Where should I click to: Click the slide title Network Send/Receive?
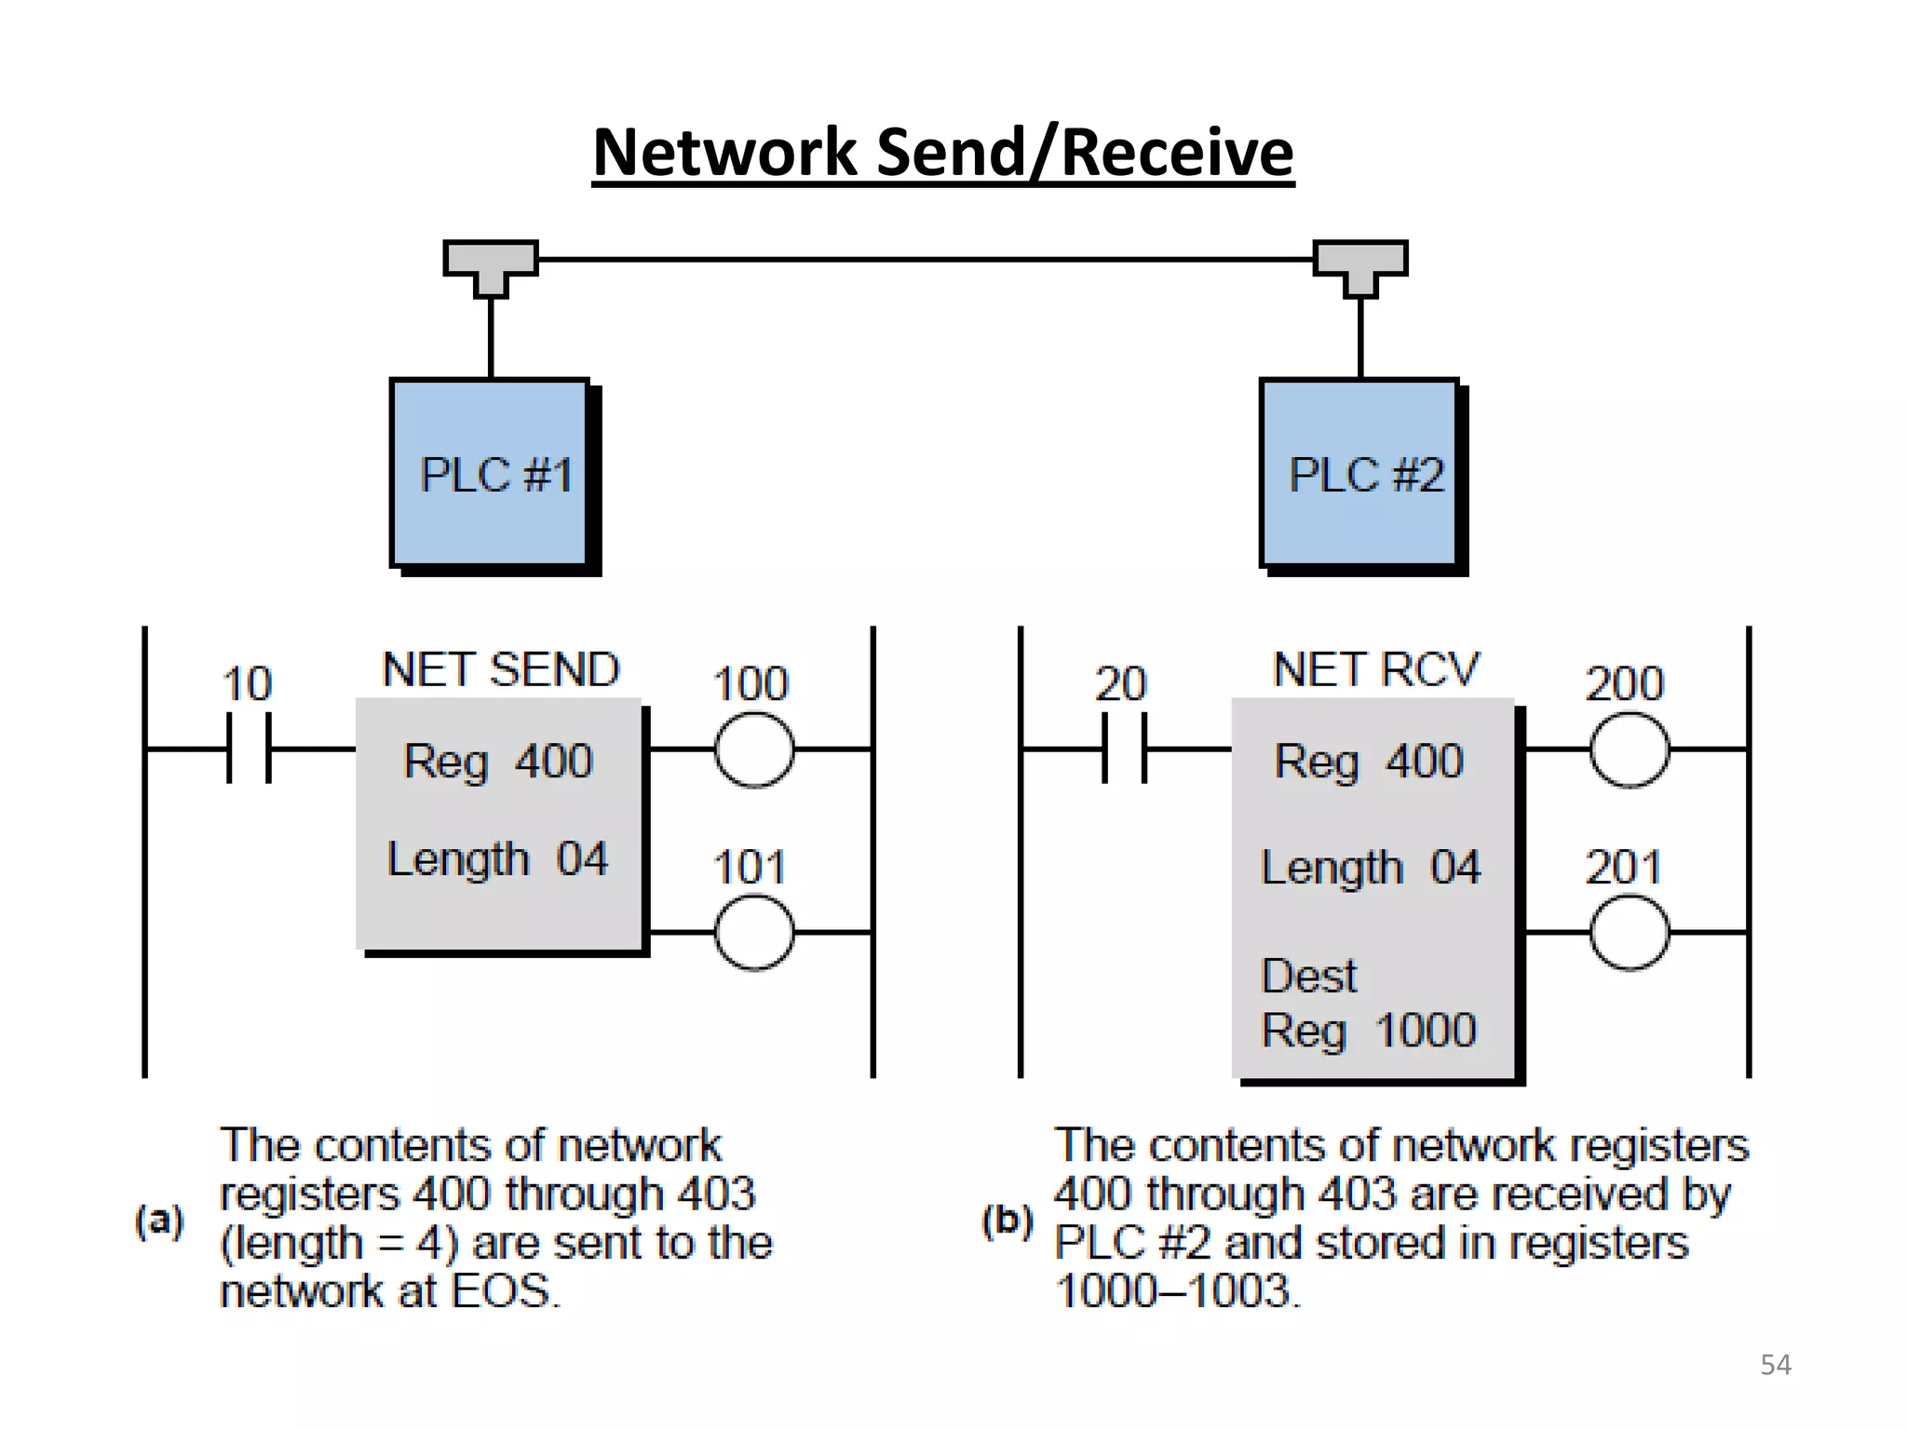(x=942, y=153)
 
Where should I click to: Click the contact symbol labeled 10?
(x=249, y=748)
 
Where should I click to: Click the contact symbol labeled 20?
(x=1124, y=748)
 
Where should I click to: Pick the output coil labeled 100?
(x=754, y=749)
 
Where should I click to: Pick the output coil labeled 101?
(x=754, y=932)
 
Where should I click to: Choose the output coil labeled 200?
(x=1630, y=749)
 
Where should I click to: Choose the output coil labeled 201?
(x=1630, y=932)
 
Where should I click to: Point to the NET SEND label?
(x=501, y=669)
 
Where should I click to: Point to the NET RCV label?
(x=1375, y=669)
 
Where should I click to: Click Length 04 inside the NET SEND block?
(x=497, y=858)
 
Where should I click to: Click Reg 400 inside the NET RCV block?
(x=1369, y=761)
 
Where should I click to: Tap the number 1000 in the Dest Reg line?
(x=1426, y=1030)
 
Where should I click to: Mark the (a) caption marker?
(x=159, y=1220)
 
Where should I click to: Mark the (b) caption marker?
(x=1008, y=1220)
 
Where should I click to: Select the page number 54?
(x=1775, y=1365)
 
